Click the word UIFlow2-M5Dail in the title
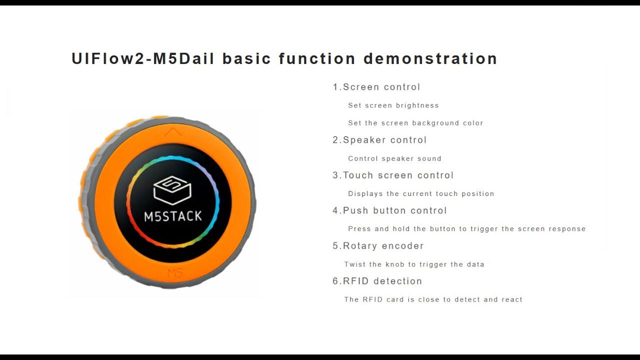(x=142, y=59)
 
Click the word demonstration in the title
(x=430, y=59)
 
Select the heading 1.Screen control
(x=376, y=87)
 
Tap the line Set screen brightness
(x=393, y=105)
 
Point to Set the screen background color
(x=415, y=123)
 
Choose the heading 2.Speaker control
(x=379, y=140)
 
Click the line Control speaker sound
(x=394, y=158)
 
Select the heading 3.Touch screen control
(x=393, y=175)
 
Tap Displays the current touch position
(x=421, y=193)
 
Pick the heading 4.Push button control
(x=389, y=210)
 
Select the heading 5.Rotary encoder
(x=378, y=246)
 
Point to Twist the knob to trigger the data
(x=414, y=264)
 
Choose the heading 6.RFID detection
(x=377, y=281)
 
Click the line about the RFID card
(x=433, y=299)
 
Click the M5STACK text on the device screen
(x=173, y=216)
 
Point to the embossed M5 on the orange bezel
(x=175, y=273)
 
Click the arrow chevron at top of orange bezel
(x=173, y=132)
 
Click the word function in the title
(x=317, y=59)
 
